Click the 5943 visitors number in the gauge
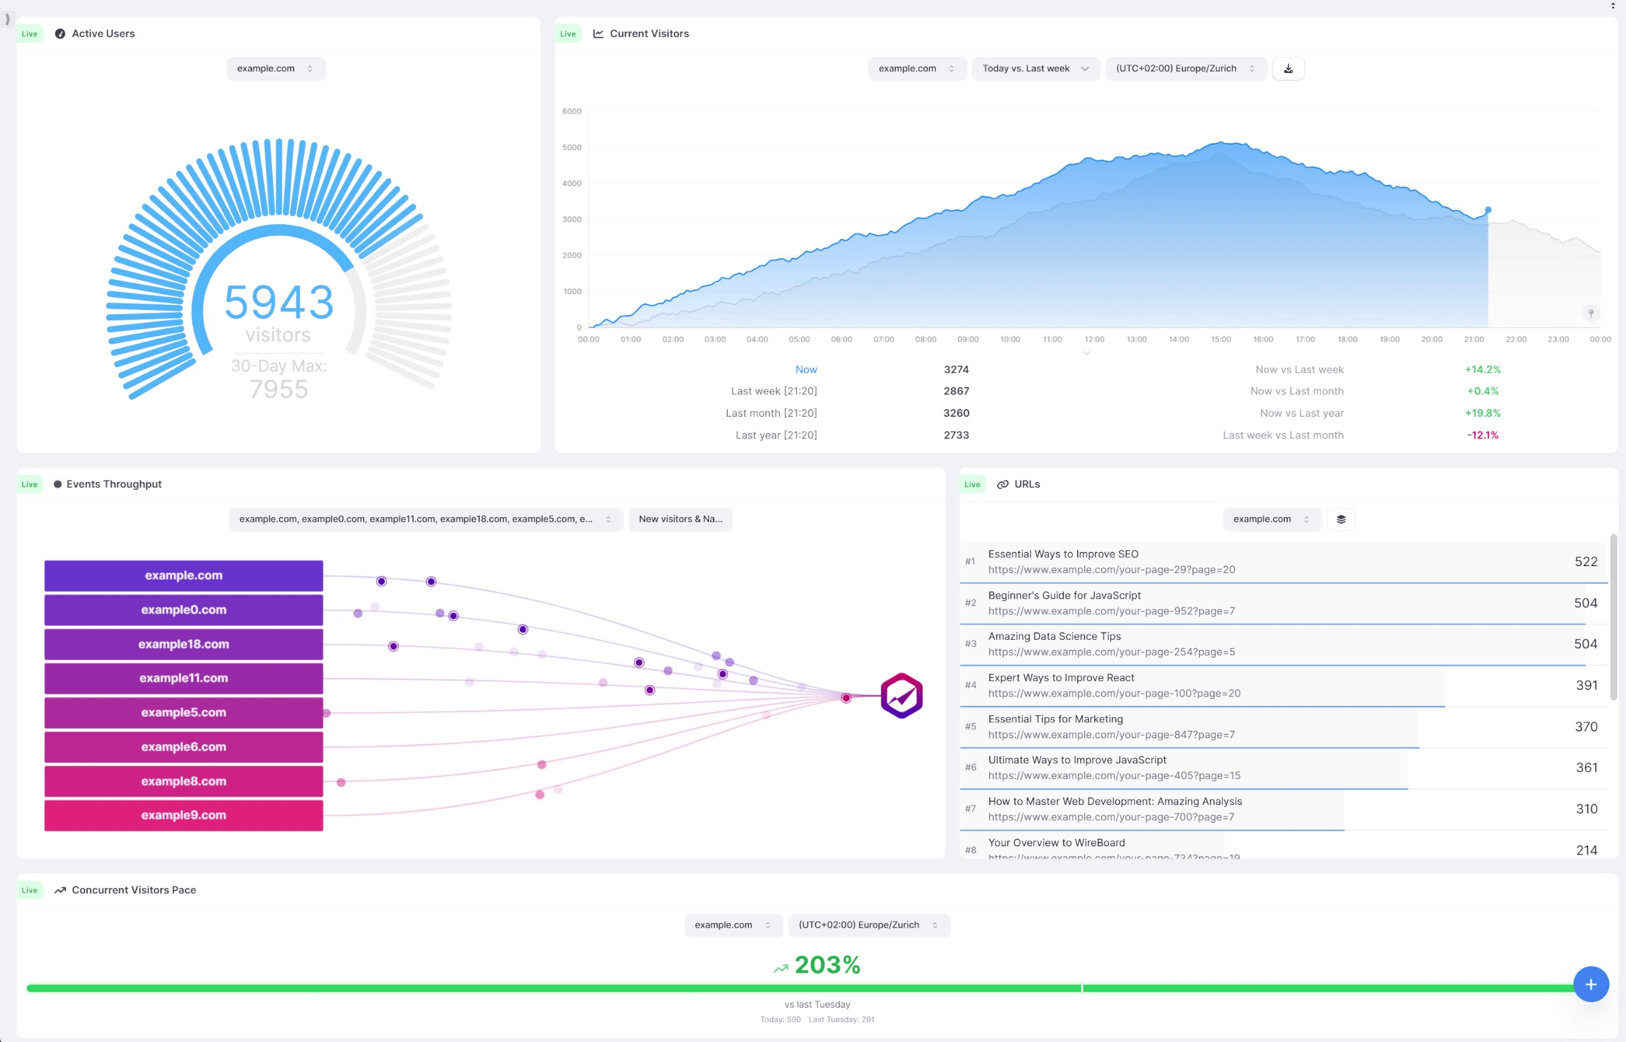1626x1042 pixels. pos(279,302)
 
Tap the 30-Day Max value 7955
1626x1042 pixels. pos(279,389)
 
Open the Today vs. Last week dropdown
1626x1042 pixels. pos(1034,69)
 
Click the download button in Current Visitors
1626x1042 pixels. pos(1288,69)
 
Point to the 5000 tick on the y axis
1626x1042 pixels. pos(572,147)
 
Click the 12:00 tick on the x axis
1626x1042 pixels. pos(1094,340)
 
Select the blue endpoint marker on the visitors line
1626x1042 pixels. pos(1488,210)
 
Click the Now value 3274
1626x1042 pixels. pos(956,369)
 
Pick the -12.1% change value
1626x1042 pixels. pos(1482,435)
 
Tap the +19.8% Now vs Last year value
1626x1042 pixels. pos(1482,413)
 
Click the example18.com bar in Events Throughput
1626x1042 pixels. pos(184,644)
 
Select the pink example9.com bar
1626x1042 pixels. pos(184,815)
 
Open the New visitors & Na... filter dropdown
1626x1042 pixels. pos(680,519)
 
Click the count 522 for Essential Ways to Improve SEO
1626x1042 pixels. pos(1585,562)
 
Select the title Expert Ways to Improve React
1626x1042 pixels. pos(1061,678)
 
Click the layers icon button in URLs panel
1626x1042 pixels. pos(1341,519)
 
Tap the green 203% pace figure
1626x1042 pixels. pos(826,965)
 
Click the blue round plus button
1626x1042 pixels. pos(1590,984)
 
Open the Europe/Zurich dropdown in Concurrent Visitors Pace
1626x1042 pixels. pos(868,925)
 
